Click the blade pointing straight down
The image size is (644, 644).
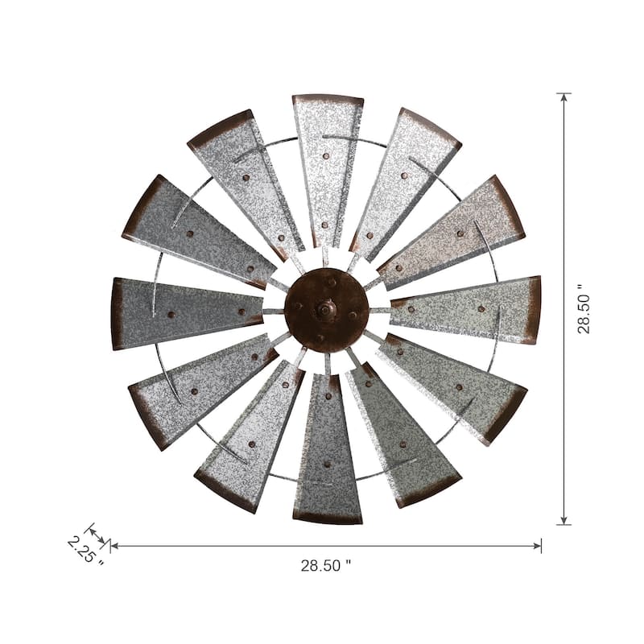(327, 459)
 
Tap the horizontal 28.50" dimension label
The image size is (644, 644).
(326, 565)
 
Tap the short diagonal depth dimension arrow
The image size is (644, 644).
(97, 535)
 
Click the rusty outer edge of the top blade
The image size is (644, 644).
(328, 99)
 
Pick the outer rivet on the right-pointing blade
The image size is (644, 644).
(481, 308)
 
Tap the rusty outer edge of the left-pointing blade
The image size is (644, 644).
(117, 313)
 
